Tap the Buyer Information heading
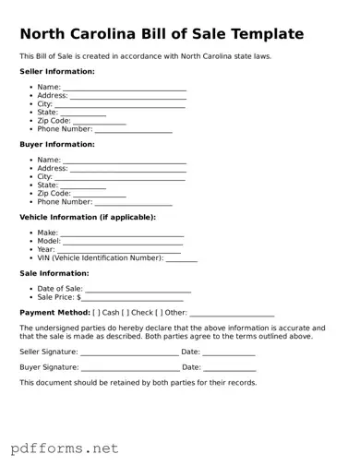point(57,144)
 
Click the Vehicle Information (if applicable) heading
point(88,217)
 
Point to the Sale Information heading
point(54,273)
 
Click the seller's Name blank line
point(125,89)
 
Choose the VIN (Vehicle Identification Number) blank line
point(182,260)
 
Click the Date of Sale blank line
point(138,292)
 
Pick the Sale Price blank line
point(136,300)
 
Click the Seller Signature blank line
point(129,354)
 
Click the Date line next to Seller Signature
point(229,354)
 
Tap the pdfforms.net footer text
point(65,448)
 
